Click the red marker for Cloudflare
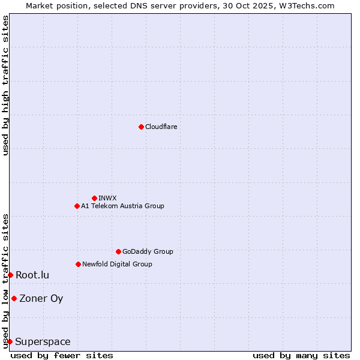pyautogui.click(x=141, y=127)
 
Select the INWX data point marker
pyautogui.click(x=94, y=198)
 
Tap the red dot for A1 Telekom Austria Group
pyautogui.click(x=77, y=206)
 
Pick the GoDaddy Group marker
pyautogui.click(x=118, y=251)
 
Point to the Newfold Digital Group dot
pyautogui.click(x=78, y=264)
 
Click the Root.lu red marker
pyautogui.click(x=10, y=275)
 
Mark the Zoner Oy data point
pyautogui.click(x=14, y=298)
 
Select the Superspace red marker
pyautogui.click(x=10, y=341)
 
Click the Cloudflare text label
pyautogui.click(x=161, y=127)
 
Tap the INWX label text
pyautogui.click(x=107, y=198)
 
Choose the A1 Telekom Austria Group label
pyautogui.click(x=122, y=206)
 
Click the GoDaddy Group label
pyautogui.click(x=148, y=251)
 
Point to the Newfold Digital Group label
pyautogui.click(x=117, y=264)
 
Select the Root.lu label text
pyautogui.click(x=32, y=275)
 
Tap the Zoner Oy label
pyautogui.click(x=41, y=298)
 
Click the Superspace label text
pyautogui.click(x=43, y=341)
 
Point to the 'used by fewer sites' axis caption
pyautogui.click(x=62, y=355)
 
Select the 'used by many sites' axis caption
pyautogui.click(x=301, y=355)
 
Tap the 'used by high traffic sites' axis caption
pyautogui.click(x=5, y=85)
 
